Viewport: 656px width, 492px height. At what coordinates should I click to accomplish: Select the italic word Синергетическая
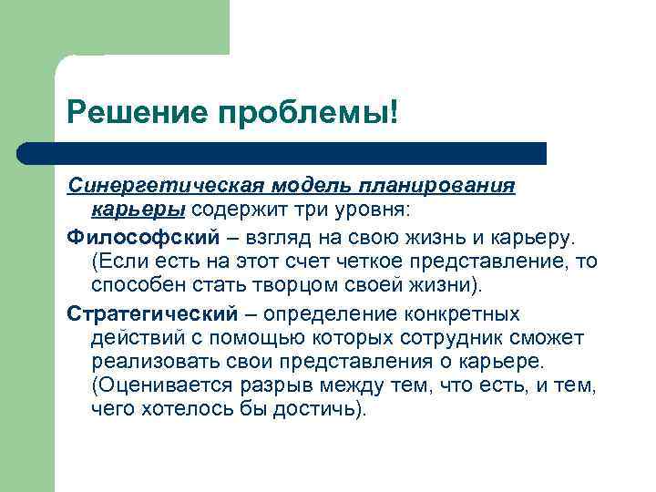tap(165, 186)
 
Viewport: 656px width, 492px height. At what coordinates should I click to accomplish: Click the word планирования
tap(443, 186)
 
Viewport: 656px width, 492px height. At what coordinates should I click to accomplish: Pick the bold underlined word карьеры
tap(138, 210)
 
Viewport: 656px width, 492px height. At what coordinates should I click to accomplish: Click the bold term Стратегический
tap(150, 313)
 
